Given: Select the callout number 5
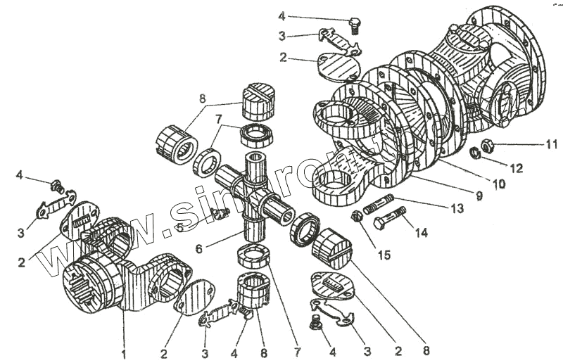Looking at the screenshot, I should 181,227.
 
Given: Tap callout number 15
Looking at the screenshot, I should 383,254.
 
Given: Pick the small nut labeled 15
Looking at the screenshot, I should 358,217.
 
